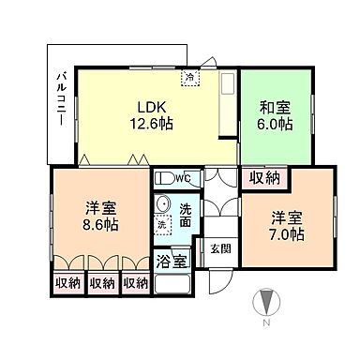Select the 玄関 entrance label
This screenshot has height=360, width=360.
point(219,248)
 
